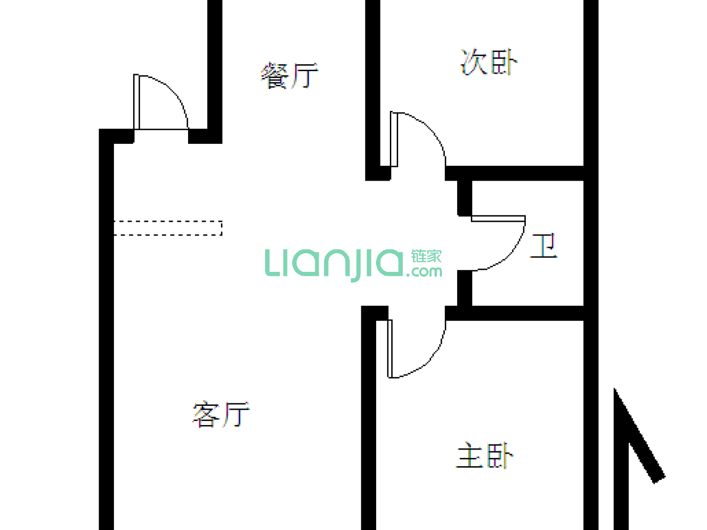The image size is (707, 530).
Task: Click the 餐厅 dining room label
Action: coord(289,76)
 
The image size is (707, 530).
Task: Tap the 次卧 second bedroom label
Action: coord(489,62)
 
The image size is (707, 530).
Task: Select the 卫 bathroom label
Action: coord(544,246)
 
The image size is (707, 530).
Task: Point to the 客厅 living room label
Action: coord(221,415)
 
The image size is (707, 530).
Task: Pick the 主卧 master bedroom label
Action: coord(485,456)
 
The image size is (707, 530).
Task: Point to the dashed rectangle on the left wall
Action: coord(168,228)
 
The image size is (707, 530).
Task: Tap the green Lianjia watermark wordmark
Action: coord(334,264)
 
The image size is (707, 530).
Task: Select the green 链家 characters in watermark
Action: coord(426,256)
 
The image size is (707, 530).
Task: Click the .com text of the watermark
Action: coord(424,271)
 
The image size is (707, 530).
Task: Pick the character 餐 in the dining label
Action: coord(275,76)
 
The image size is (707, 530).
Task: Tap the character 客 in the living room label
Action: coord(207,415)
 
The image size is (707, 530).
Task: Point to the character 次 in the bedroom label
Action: coord(474,62)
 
